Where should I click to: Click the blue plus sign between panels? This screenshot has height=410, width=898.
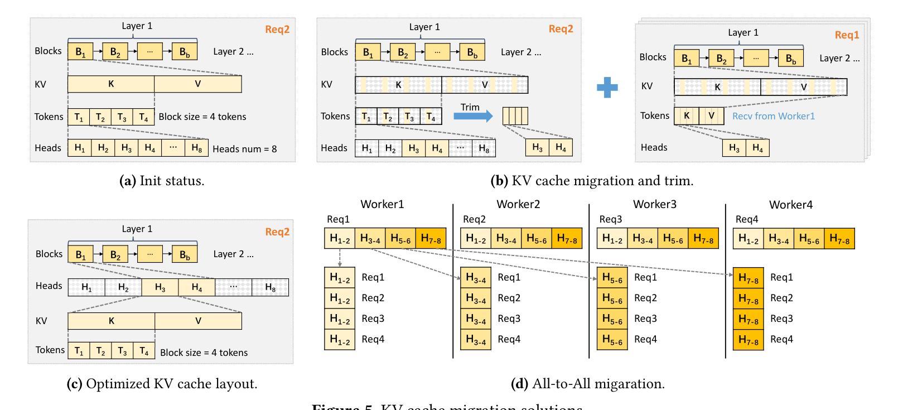tap(607, 88)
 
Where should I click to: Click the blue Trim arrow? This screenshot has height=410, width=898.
tap(472, 116)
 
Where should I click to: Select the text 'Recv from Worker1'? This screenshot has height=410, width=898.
tap(773, 116)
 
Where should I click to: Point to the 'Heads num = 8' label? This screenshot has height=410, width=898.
tap(244, 149)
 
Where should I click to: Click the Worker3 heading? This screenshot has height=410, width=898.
tap(654, 204)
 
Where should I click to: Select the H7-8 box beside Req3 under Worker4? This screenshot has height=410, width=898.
tap(748, 319)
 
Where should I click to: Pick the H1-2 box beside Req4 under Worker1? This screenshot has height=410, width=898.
tap(340, 339)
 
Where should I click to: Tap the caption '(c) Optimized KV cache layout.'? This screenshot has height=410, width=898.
tap(162, 384)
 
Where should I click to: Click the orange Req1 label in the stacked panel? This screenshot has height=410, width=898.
tap(847, 35)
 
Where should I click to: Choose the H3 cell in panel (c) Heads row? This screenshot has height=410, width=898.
tap(160, 287)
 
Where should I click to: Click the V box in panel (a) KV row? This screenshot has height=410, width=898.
tap(197, 84)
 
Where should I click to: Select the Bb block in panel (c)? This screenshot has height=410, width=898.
tap(184, 254)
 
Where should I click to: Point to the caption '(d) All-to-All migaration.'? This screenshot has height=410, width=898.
tap(587, 384)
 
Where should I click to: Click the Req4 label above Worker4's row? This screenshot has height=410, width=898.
tap(747, 219)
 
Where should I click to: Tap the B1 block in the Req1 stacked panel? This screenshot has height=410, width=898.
tap(687, 58)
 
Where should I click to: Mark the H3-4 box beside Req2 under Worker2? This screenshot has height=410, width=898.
tap(475, 298)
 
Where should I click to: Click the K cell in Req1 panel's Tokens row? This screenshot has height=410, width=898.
tap(687, 116)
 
